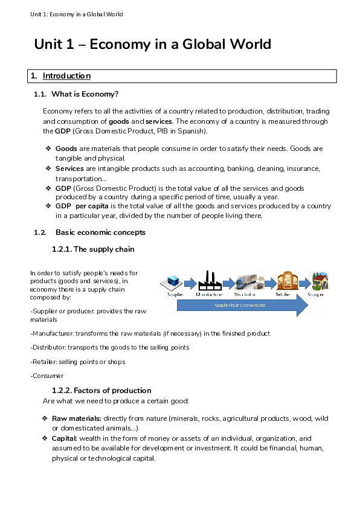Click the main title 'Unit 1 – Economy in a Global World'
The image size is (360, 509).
point(152,44)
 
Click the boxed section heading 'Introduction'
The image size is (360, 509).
point(66,76)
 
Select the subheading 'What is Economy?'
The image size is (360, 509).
point(85,94)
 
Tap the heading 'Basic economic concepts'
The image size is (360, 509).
point(100,232)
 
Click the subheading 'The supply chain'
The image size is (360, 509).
point(103,249)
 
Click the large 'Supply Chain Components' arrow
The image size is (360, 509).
point(242,306)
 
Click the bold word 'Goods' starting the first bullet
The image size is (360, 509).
point(65,149)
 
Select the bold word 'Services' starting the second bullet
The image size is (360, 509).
point(69,168)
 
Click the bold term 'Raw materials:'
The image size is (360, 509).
point(77,418)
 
